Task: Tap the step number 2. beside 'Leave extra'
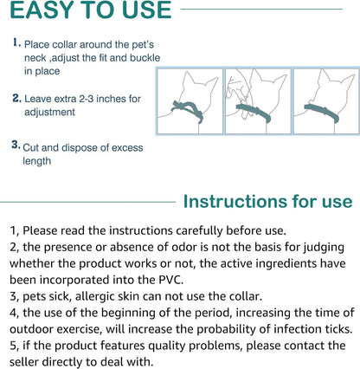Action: [x=16, y=98]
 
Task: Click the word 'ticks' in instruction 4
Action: [x=329, y=329]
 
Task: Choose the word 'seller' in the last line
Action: [x=30, y=362]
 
